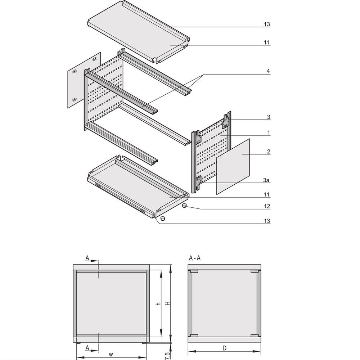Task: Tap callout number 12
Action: tap(266, 207)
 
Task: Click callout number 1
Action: tap(268, 133)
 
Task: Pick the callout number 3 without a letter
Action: tap(268, 117)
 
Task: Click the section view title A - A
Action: tap(195, 258)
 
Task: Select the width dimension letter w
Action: tap(111, 354)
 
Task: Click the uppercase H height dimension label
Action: tap(167, 303)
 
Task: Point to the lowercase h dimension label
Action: tap(158, 303)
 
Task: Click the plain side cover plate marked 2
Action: tap(233, 166)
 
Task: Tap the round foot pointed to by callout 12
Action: tap(184, 206)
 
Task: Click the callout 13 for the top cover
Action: tap(266, 24)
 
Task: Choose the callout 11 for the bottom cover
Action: tap(266, 195)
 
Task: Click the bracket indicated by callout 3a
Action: tap(199, 181)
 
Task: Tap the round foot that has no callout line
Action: tap(162, 218)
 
